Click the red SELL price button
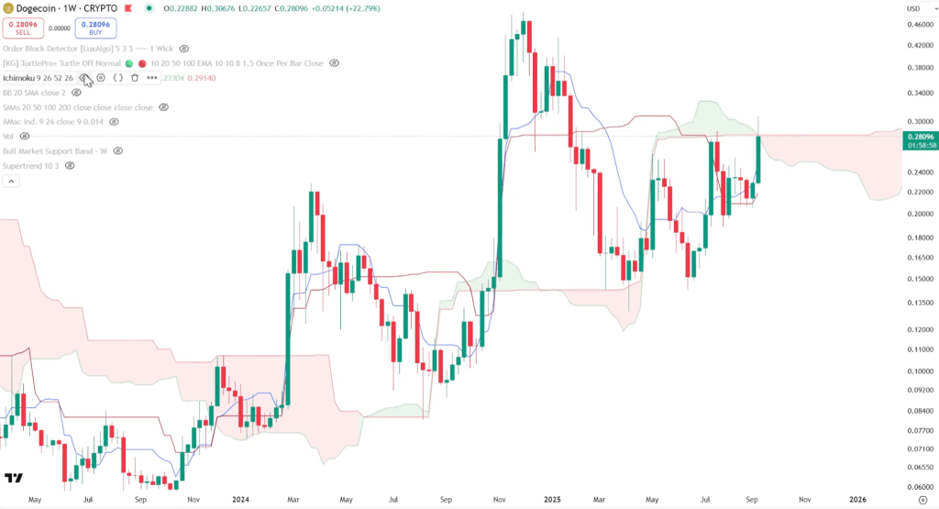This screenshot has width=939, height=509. coord(23,28)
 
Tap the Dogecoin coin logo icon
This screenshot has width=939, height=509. coord(9,8)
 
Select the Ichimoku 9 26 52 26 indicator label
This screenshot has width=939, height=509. coord(38,78)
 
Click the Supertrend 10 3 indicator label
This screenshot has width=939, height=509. coord(30,165)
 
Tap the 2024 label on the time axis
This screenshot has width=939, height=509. coord(241,500)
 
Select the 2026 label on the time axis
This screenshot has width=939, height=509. coord(857,500)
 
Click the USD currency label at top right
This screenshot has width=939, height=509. coord(913,8)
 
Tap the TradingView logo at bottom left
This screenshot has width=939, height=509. coord(14,478)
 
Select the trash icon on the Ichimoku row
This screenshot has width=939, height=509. coord(135,78)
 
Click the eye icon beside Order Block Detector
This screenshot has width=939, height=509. coord(184,48)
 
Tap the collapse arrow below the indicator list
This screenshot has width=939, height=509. coord(12,182)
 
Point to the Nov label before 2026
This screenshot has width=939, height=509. coord(804,500)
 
